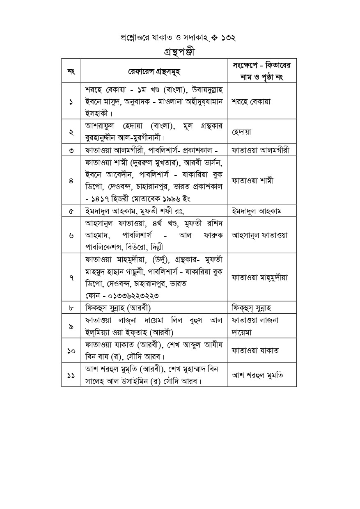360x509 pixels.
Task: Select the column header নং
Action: tap(71, 71)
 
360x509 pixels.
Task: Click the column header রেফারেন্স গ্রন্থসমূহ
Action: tap(154, 71)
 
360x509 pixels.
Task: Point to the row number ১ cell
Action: tap(71, 101)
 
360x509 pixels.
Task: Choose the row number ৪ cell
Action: tap(71, 180)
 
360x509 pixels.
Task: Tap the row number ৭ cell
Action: tap(71, 277)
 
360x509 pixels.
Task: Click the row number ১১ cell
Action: tap(71, 375)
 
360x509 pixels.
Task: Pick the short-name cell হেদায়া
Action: tap(242, 132)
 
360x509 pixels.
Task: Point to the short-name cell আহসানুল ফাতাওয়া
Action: tap(260, 235)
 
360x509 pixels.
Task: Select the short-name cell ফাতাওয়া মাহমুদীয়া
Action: tap(260, 277)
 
